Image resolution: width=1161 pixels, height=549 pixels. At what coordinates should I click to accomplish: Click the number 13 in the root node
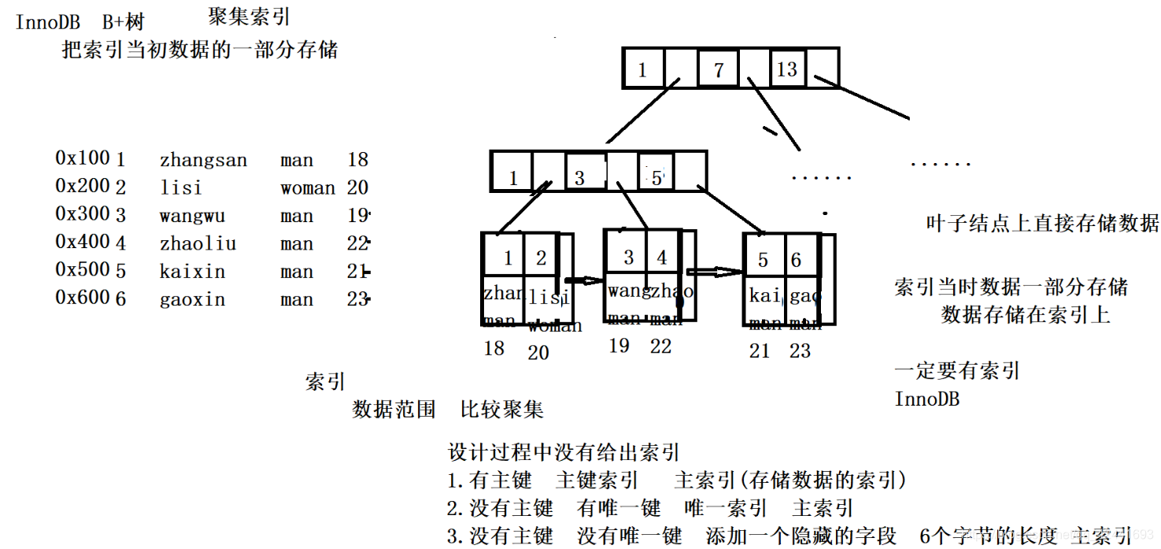[x=787, y=69]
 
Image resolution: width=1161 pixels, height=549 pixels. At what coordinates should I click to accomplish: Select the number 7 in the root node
[x=718, y=70]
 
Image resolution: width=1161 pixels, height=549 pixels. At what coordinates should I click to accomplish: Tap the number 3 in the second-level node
[x=579, y=178]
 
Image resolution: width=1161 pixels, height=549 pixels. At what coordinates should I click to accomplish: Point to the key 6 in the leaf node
[x=796, y=260]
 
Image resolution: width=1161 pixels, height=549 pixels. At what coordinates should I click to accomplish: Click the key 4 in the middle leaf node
[x=662, y=257]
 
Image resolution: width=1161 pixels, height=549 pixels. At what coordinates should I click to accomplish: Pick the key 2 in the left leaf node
[x=541, y=258]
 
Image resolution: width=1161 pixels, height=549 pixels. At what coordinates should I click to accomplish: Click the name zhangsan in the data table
[x=203, y=161]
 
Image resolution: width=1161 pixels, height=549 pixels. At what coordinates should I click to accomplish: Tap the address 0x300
[x=83, y=213]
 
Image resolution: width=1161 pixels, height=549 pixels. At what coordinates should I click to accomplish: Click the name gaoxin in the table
[x=192, y=300]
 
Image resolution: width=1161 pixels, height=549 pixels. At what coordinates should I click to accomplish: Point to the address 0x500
[x=83, y=269]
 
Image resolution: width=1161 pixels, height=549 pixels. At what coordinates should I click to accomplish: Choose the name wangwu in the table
[x=192, y=217]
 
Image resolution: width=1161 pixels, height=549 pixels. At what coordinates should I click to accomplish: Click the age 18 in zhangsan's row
[x=357, y=160]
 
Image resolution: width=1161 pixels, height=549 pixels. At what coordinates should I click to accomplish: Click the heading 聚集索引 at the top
[x=249, y=17]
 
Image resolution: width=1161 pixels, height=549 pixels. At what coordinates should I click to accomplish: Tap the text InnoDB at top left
[x=48, y=22]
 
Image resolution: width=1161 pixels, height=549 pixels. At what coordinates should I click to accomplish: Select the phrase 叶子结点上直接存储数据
[x=1042, y=223]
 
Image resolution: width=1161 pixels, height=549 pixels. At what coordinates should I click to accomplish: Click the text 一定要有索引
[x=957, y=370]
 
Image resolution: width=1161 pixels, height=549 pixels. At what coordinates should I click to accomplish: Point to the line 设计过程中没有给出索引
[x=564, y=453]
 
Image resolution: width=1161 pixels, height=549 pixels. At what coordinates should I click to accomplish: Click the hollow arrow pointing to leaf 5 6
[x=715, y=272]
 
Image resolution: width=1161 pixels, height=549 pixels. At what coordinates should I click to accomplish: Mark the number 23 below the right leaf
[x=800, y=351]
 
